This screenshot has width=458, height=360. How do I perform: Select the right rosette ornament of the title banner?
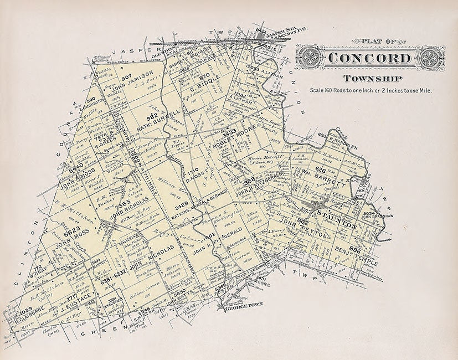[433, 58]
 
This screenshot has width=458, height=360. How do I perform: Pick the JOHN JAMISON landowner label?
[132, 84]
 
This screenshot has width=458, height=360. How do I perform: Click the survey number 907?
[127, 76]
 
